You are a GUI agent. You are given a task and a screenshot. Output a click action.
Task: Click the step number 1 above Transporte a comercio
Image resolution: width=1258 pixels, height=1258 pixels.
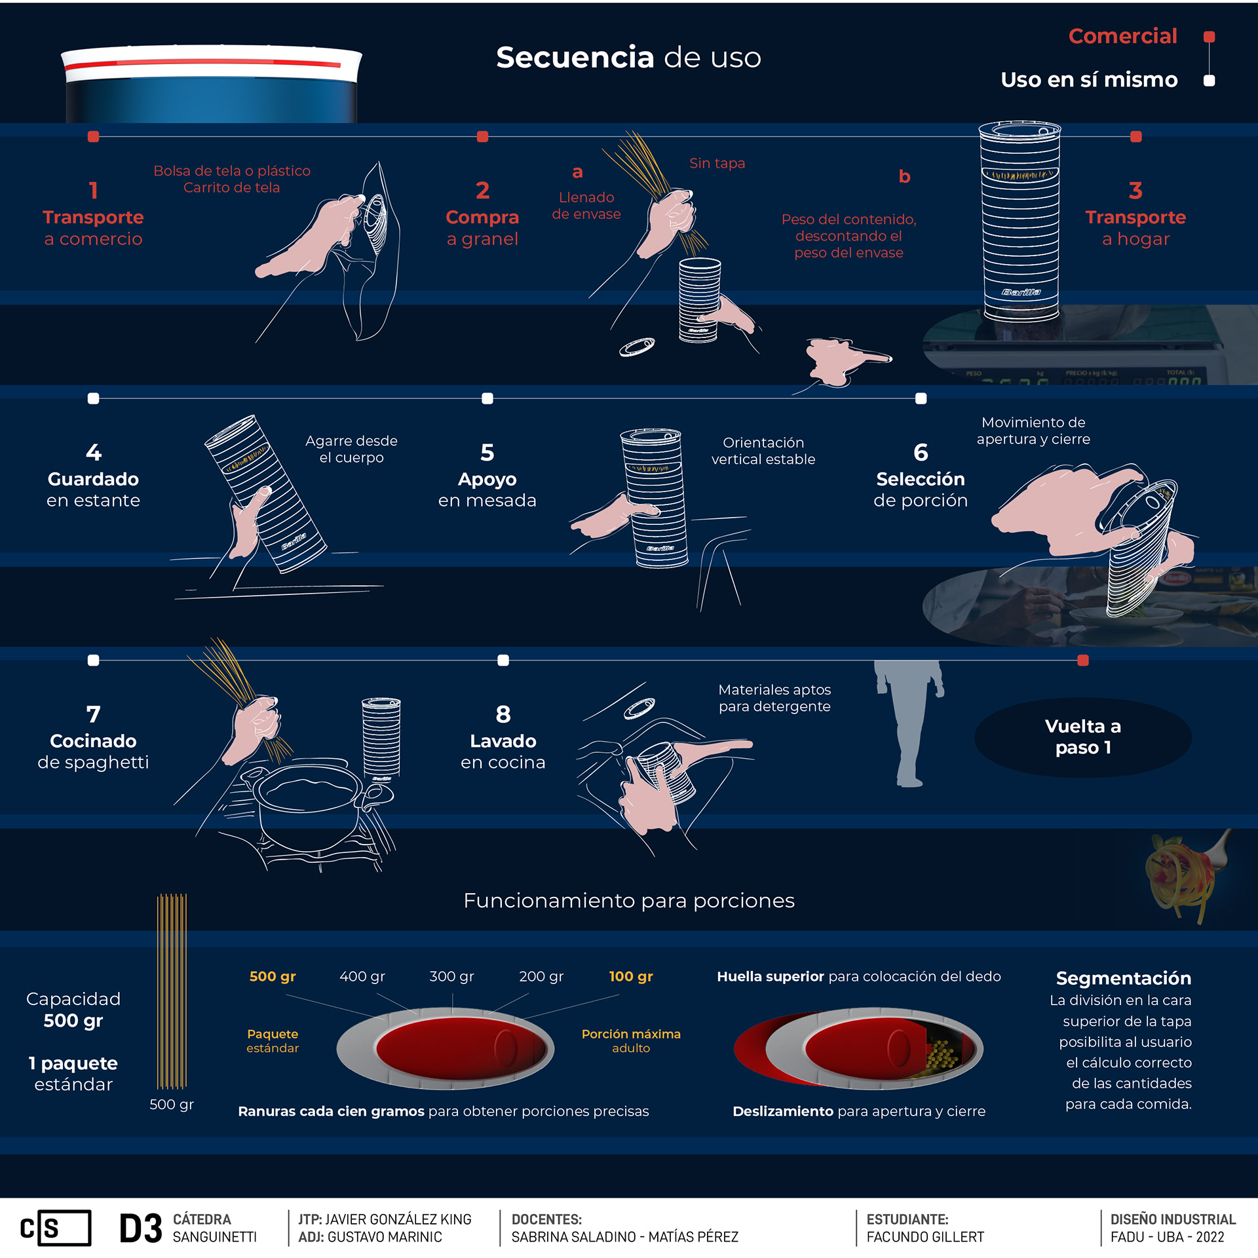[x=93, y=191]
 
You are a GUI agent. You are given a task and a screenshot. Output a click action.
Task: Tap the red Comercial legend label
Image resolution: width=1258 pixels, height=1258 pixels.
[x=1122, y=36]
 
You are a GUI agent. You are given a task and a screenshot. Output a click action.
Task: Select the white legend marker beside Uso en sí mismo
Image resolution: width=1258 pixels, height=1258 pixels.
[x=1210, y=81]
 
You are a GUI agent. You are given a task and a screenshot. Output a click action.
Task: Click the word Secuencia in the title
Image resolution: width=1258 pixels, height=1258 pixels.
[x=575, y=58]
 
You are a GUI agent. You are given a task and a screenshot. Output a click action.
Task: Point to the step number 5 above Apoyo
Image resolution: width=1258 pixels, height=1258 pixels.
[x=487, y=453]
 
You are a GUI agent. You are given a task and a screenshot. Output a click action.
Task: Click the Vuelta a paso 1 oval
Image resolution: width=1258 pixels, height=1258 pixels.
[x=1082, y=737]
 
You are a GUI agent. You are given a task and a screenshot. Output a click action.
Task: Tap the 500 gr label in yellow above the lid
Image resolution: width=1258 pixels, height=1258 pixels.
[x=273, y=976]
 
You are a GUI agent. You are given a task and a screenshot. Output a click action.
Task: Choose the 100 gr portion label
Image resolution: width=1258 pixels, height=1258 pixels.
[x=630, y=976]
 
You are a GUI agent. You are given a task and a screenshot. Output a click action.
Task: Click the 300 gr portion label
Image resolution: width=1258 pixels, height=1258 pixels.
[x=451, y=976]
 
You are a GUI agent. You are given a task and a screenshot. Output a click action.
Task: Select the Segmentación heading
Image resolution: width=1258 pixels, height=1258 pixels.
[x=1123, y=978]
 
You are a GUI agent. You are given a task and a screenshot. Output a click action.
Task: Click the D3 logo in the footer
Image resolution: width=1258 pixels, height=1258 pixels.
[x=140, y=1229]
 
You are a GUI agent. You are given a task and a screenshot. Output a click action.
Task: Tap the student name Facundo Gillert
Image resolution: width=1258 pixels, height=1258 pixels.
[x=925, y=1237]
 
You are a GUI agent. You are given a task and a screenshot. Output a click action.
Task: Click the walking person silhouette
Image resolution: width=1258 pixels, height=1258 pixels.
[x=909, y=721]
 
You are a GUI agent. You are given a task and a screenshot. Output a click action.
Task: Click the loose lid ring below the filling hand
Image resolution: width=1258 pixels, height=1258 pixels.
[x=637, y=346]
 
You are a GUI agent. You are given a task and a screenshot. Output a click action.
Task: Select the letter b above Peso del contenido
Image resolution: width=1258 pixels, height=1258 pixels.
[x=904, y=176]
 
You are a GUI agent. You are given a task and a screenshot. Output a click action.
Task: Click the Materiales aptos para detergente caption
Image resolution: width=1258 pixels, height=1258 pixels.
[x=774, y=698]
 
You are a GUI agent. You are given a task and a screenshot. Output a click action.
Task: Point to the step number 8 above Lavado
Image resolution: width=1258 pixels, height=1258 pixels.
[x=503, y=715]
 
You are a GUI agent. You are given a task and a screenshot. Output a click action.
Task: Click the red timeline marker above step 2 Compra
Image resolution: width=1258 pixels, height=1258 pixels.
[x=483, y=136]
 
